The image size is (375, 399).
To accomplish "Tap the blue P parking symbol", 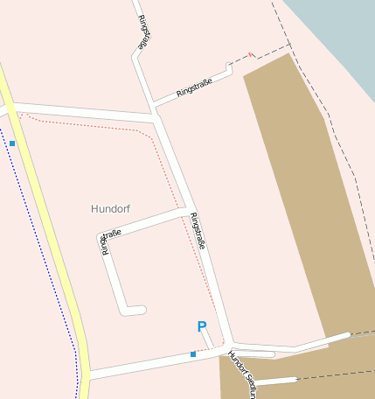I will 202,327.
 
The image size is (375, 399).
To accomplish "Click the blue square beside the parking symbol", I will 192,354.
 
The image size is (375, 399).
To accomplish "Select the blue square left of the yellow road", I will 12,143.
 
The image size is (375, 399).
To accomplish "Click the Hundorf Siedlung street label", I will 241,371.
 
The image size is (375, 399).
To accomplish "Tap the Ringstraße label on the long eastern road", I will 197,232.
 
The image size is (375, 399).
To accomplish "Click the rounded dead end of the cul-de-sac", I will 139,310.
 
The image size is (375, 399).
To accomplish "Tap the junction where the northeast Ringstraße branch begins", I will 153,106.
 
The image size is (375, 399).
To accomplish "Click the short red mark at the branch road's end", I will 251,55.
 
